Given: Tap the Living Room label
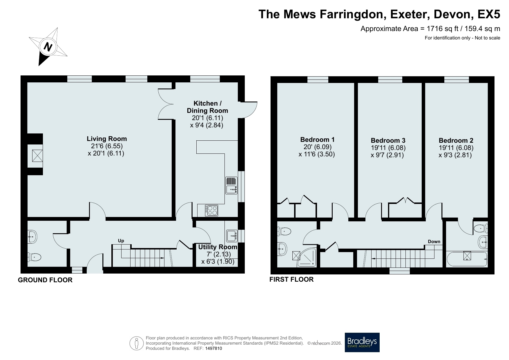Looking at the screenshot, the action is [107, 139].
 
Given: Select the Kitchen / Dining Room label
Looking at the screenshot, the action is [207, 107].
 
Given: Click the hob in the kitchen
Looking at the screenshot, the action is [212, 210].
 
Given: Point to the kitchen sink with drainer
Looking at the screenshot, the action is [231, 186].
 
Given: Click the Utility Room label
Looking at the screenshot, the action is [218, 247].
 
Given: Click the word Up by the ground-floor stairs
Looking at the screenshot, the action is [121, 241].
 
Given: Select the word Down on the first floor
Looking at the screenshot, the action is [434, 241].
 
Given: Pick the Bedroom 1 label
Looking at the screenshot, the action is [317, 140].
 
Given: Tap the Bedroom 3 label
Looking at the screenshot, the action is [388, 140].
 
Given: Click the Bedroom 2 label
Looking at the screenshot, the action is [456, 140].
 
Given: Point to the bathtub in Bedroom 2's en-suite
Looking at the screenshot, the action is [467, 259].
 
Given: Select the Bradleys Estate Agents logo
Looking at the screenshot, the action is [362, 342].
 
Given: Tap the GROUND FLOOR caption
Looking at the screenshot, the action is [45, 280].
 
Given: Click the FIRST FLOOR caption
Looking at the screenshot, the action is [291, 279].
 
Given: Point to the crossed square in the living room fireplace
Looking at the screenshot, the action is [37, 155].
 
